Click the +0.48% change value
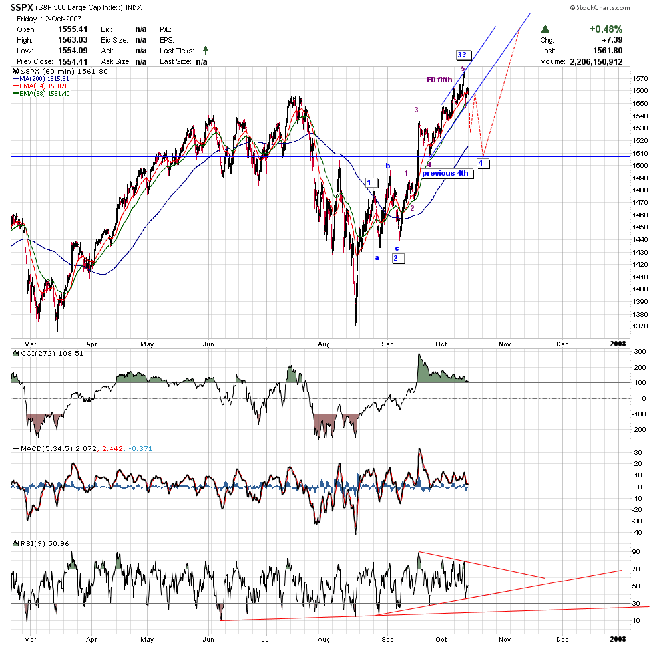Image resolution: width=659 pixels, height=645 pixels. [x=606, y=29]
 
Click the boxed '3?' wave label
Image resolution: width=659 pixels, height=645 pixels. [x=464, y=55]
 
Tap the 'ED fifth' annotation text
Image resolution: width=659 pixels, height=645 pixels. [x=439, y=80]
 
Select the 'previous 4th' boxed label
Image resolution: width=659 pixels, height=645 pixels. [x=445, y=173]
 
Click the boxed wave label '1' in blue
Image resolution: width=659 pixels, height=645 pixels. [x=372, y=182]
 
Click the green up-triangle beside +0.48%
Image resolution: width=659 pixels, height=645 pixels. [x=545, y=29]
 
